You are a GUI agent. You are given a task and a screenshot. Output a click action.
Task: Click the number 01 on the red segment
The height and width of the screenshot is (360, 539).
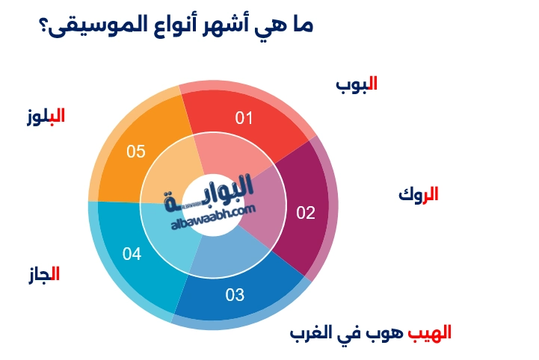point(244,118)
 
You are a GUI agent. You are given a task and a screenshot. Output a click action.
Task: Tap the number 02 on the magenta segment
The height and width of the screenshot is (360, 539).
point(306,213)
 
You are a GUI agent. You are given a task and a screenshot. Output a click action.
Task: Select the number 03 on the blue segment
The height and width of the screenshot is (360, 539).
point(235,294)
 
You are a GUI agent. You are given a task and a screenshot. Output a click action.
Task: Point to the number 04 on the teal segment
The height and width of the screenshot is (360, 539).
point(132,255)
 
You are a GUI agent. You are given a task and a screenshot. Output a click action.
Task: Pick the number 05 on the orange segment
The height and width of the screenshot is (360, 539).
point(135,152)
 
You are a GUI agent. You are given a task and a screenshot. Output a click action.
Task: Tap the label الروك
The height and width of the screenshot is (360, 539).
point(418,195)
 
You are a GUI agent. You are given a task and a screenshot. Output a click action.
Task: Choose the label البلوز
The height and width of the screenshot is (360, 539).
point(45,116)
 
